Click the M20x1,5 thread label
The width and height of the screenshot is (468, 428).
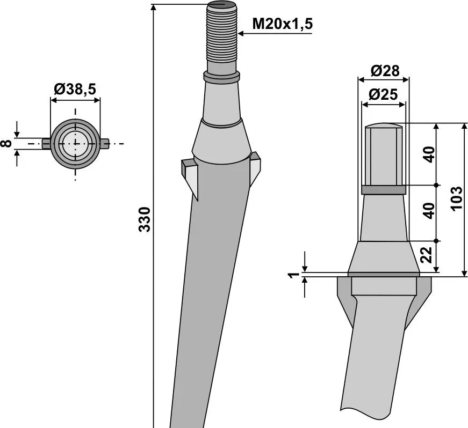[x=282, y=24]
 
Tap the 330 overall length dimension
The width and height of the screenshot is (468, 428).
[x=145, y=219]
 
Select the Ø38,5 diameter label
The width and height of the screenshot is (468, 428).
[x=75, y=90]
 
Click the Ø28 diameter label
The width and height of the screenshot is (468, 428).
[x=385, y=71]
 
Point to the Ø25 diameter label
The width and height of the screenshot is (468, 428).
[x=383, y=95]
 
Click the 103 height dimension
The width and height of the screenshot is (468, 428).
[x=457, y=199]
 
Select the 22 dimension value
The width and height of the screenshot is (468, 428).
[x=427, y=255]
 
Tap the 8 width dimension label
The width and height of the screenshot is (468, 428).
[x=6, y=143]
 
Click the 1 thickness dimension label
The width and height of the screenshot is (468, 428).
[x=294, y=275]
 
